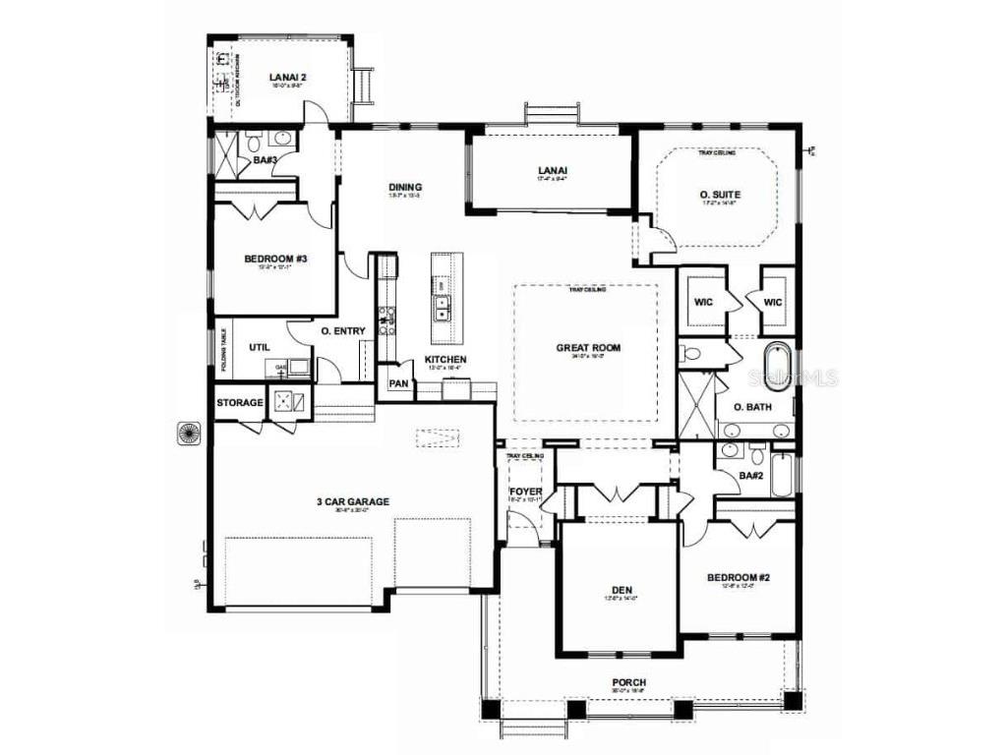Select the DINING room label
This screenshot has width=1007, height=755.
tap(405, 187)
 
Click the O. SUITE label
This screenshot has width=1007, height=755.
tap(720, 195)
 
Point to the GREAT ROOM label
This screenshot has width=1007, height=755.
tap(588, 347)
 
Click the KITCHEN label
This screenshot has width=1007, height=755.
tap(445, 360)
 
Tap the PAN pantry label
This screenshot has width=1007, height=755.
tap(398, 383)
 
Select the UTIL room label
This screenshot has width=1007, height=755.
tap(259, 347)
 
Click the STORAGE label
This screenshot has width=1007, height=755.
tap(240, 402)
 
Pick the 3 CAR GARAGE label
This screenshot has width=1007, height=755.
tap(352, 501)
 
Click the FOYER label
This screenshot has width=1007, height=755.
tap(525, 492)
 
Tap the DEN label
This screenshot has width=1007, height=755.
tap(622, 591)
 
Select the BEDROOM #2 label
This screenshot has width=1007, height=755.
tap(738, 577)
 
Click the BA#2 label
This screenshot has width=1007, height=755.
tap(751, 476)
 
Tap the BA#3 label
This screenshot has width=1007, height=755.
tap(265, 159)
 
